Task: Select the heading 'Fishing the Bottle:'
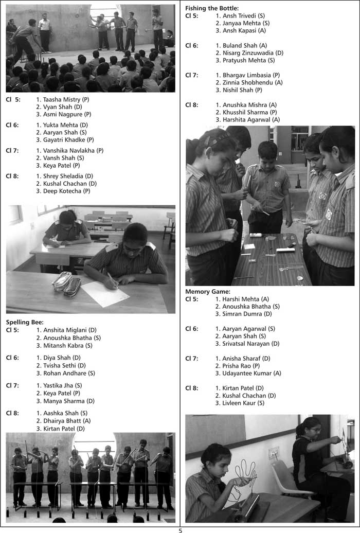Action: [211, 8]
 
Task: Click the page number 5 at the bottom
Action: [180, 529]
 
